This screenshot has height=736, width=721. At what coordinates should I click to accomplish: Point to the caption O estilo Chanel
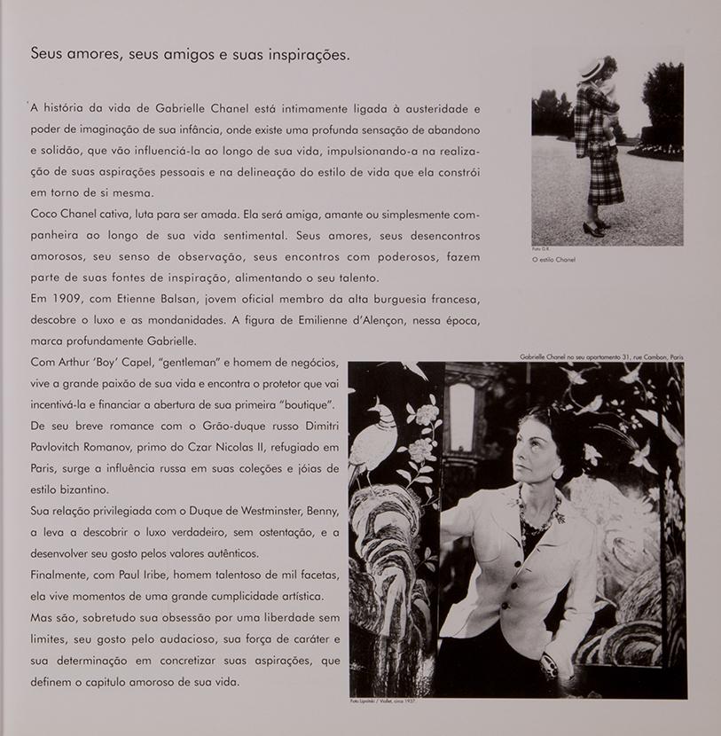click(x=554, y=260)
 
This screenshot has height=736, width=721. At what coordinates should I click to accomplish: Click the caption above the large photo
click(x=602, y=356)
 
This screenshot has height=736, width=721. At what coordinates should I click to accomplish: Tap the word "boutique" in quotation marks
click(x=305, y=404)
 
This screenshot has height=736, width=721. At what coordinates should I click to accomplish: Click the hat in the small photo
click(x=591, y=69)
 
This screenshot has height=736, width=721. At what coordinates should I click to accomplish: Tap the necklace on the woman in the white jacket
click(x=541, y=514)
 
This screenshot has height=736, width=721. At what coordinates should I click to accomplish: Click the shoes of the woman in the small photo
click(x=595, y=227)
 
